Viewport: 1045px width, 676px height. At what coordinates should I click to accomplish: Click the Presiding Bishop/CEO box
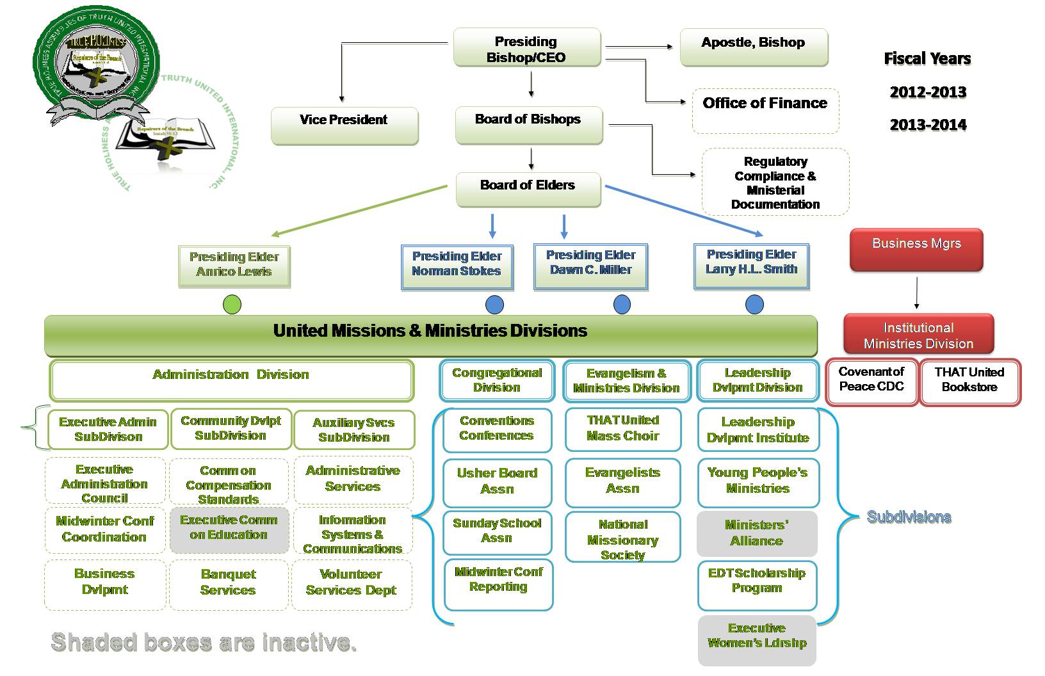coord(526,49)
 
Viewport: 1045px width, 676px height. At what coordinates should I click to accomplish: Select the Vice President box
coord(344,125)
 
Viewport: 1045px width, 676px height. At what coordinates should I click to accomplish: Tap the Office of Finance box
coord(765,109)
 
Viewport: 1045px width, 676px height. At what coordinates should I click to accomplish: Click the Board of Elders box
coord(528,189)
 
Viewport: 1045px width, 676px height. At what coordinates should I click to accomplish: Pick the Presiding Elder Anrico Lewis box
coord(234,266)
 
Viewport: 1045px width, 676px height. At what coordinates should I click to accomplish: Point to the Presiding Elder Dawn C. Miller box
coord(590,266)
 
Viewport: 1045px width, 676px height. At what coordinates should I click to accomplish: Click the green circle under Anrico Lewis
coord(232,305)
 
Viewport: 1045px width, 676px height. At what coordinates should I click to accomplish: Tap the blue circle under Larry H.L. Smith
coord(754,305)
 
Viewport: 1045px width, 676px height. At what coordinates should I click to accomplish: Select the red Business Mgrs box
coord(916,249)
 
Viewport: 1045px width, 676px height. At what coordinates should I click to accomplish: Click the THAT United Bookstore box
coord(969,382)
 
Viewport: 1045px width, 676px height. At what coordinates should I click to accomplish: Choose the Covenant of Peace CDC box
coord(871,382)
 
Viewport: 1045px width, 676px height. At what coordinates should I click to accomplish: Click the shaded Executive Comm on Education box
coord(229,529)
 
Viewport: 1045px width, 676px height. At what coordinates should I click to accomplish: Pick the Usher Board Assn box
coord(497,482)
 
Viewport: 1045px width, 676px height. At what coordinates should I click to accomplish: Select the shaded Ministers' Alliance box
coord(756,533)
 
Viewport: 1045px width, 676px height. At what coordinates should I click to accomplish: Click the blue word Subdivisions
coord(909,517)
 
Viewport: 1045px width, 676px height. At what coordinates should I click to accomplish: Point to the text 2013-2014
coord(928,125)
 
